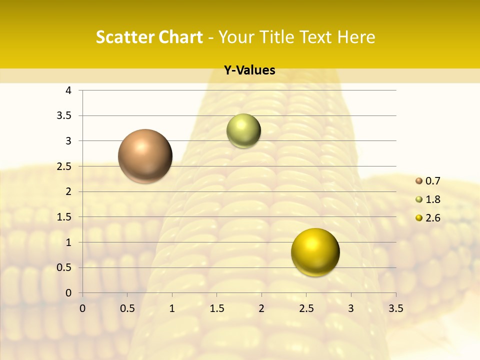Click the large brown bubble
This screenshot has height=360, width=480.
point(145,156)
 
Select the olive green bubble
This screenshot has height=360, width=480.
point(243,131)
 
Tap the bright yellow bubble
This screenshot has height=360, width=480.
point(315,252)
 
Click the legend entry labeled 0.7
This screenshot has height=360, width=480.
point(428,181)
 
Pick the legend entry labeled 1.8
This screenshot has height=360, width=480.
point(428,199)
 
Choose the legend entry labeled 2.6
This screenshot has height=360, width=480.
point(428,218)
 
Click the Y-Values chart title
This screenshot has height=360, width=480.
point(249,70)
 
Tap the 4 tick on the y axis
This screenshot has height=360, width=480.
point(68,90)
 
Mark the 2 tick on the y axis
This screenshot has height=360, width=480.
point(68,191)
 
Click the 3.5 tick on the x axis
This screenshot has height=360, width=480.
point(395,308)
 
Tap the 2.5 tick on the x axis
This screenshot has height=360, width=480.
point(306,308)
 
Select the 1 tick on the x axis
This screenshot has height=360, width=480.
point(172,308)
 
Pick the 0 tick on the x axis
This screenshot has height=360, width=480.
point(82,308)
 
